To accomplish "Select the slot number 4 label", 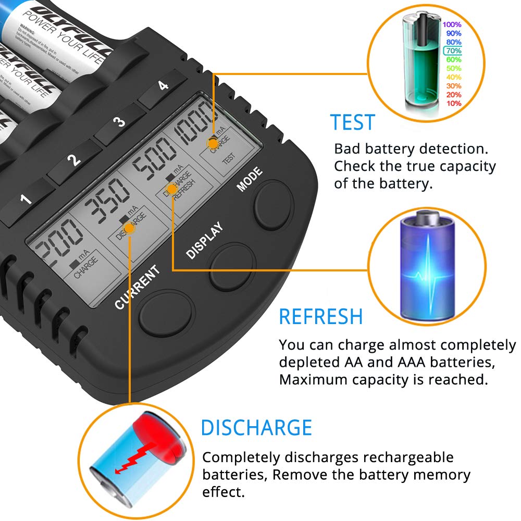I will (164, 85).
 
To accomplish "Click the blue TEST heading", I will (353, 122).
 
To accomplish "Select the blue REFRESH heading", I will (321, 317).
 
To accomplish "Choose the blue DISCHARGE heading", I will (256, 428).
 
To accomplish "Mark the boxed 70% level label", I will (452, 51).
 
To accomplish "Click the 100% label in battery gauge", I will (452, 24).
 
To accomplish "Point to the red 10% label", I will (453, 103).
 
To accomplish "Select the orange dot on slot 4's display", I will (213, 142).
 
